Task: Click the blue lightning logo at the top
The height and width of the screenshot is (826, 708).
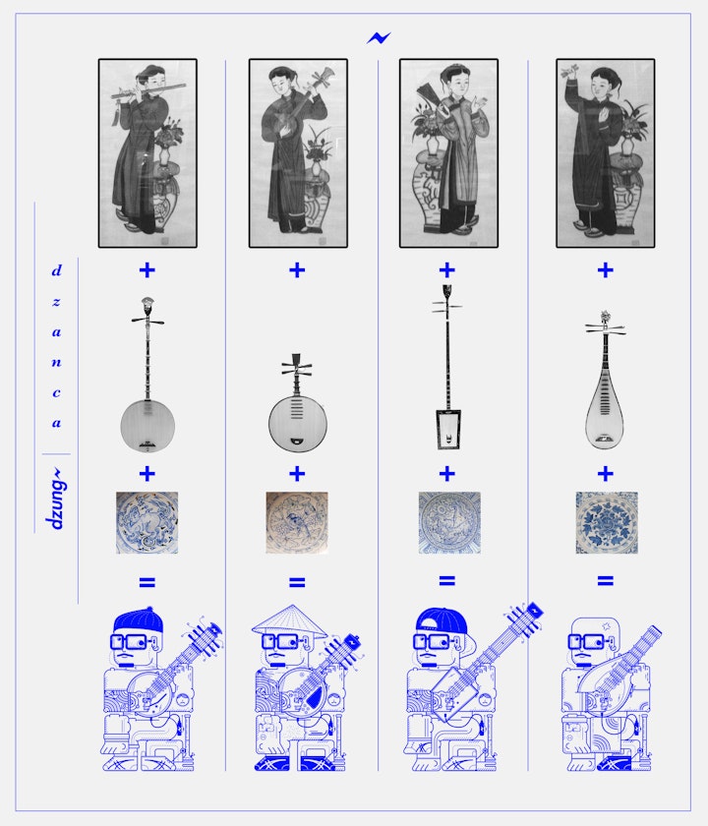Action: coord(379,38)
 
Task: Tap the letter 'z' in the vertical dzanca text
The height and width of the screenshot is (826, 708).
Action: coord(56,302)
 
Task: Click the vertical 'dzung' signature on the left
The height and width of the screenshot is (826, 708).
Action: coord(55,499)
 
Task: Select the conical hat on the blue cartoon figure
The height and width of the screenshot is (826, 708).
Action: coord(289,620)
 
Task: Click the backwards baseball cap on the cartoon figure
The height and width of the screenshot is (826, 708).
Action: coord(442,622)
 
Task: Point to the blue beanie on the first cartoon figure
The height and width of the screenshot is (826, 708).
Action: coord(138,620)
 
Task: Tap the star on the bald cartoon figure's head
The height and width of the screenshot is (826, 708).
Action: coord(606,626)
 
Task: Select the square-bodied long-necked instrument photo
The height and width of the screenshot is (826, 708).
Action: coord(447,367)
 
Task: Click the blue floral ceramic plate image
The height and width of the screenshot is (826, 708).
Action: coord(607,522)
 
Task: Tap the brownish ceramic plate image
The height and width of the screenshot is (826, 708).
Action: coord(297,522)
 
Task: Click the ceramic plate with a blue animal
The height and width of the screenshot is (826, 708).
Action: coord(147,522)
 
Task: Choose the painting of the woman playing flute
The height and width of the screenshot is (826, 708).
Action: coord(147,153)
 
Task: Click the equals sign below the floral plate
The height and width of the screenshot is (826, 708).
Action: coord(606,581)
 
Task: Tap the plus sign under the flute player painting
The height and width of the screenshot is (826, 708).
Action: coord(147,270)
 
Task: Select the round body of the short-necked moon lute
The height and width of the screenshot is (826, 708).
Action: coord(298,423)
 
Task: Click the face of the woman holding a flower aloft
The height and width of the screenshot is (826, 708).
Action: coord(602,86)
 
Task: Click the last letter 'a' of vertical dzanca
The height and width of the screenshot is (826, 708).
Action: coord(56,423)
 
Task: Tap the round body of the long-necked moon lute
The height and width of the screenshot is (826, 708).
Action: coord(147,426)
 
